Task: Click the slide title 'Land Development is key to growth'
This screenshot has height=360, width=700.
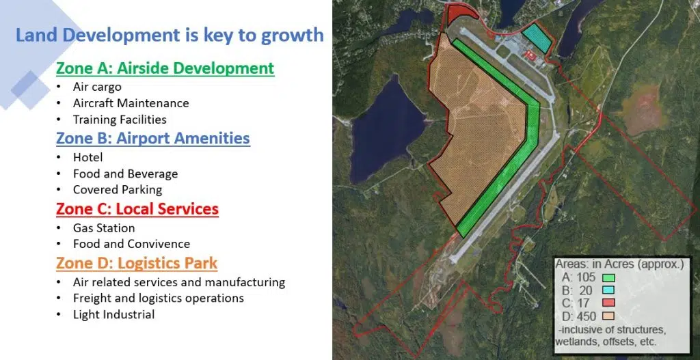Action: [x=170, y=35]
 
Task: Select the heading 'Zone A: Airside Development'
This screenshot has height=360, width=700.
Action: [x=165, y=68]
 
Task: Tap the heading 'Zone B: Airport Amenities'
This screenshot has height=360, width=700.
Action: [x=152, y=138]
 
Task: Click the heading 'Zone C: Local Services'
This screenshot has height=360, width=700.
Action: [x=137, y=209]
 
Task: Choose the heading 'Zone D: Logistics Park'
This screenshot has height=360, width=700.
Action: [x=137, y=263]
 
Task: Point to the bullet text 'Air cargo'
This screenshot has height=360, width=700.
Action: [x=97, y=87]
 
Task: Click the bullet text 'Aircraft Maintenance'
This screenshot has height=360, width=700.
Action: [x=131, y=103]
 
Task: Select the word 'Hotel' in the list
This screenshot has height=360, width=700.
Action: [x=88, y=157]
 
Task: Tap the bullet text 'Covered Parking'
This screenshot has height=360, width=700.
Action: [x=118, y=190]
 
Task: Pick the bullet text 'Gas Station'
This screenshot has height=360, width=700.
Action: [x=104, y=228]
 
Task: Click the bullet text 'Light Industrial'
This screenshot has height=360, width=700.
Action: [x=114, y=314]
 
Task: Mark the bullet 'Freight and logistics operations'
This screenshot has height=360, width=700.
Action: [x=159, y=298]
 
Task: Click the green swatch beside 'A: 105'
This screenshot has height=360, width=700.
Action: [x=608, y=278]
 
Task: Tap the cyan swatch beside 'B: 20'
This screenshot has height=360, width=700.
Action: [x=608, y=290]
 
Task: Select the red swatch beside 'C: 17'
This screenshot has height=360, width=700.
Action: [x=608, y=303]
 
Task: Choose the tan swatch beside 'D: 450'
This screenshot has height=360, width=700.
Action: [x=608, y=316]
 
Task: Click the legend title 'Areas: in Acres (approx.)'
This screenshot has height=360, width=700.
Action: [x=619, y=264]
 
